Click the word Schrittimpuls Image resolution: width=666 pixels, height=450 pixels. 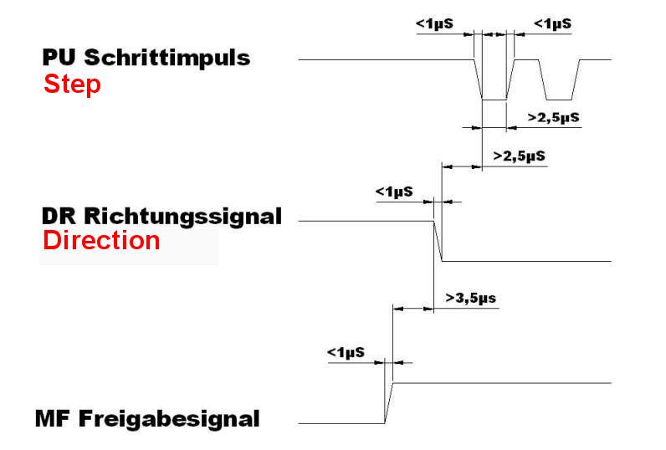pos(167,59)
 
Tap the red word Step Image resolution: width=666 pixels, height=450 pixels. pos(72,84)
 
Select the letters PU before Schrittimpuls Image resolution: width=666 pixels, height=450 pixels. pos(59,58)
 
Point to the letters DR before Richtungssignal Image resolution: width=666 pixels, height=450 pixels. pos(59,216)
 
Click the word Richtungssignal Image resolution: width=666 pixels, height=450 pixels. pos(183,217)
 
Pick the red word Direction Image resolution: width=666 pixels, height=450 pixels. pos(101,240)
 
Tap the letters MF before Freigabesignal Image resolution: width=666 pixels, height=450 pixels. pos(53,418)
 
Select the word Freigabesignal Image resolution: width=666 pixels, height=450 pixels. pos(169,419)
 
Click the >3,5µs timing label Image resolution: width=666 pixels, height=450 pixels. pos(470,298)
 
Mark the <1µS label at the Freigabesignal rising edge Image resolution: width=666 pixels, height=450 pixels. pos(346,352)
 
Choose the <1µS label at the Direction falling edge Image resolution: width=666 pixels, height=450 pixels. pos(394,192)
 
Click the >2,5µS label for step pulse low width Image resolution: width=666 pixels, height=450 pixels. pos(553,118)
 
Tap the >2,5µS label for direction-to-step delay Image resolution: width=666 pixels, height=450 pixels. pos(519,156)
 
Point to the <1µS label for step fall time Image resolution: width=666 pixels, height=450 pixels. pos(434,23)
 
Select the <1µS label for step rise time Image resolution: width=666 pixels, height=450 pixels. pos(552,23)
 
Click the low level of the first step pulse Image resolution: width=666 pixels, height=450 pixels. pos(494,100)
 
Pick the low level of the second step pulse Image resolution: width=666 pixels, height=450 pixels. pos(559,100)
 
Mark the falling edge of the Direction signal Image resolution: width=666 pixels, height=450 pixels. pos(438,241)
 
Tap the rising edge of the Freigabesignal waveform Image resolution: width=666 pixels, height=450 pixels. pos(389,403)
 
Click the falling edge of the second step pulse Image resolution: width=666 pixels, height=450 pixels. pos(542,79)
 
